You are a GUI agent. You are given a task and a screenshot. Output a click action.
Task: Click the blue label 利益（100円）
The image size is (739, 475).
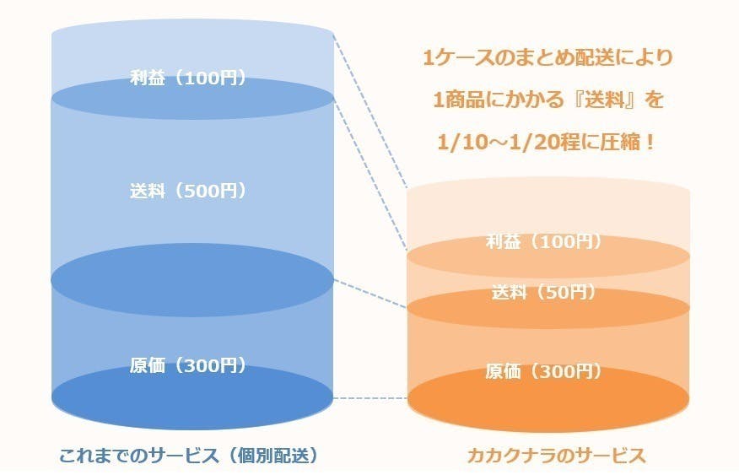(x=188, y=78)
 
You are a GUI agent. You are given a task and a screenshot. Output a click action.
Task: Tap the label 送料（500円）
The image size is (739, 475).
(x=188, y=191)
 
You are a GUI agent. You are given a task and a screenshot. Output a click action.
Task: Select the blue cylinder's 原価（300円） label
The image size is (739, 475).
(x=188, y=365)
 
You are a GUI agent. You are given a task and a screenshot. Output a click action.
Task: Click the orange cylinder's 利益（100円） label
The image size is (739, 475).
(x=544, y=242)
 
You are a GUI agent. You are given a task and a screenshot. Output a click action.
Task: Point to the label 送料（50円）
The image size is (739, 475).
(x=544, y=293)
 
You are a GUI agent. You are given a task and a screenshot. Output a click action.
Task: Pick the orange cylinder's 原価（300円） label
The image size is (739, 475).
(x=544, y=371)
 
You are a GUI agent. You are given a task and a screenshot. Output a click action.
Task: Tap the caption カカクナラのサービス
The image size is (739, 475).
(x=556, y=456)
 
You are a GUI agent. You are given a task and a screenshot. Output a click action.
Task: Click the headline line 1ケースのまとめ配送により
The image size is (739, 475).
(x=548, y=58)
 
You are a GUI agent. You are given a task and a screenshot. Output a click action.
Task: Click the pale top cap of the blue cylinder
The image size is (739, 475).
(x=193, y=38)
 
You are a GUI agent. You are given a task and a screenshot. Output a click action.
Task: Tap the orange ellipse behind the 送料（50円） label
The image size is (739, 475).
(x=548, y=312)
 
